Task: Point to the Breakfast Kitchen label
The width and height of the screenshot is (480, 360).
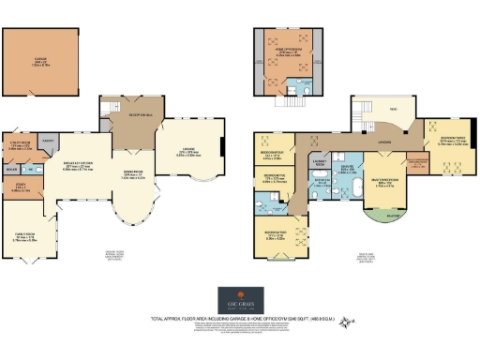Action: [79, 165]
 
